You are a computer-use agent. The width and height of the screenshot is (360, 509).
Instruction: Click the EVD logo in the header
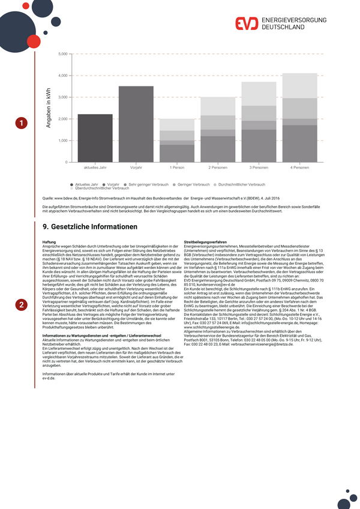245,24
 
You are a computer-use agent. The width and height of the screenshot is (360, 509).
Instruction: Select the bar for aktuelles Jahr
95,138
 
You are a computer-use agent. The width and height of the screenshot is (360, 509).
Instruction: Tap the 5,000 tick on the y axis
62,54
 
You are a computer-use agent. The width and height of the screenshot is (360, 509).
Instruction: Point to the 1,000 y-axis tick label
62,140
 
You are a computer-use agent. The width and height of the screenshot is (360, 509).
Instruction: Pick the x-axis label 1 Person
177,167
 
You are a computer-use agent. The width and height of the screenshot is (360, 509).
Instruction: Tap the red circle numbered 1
21,123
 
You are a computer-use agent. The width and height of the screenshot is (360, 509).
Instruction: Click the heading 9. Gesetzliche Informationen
90,227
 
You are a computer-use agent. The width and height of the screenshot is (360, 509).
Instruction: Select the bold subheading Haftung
49,241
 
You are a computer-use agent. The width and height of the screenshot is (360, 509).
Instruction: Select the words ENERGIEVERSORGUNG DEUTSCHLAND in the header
294,24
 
